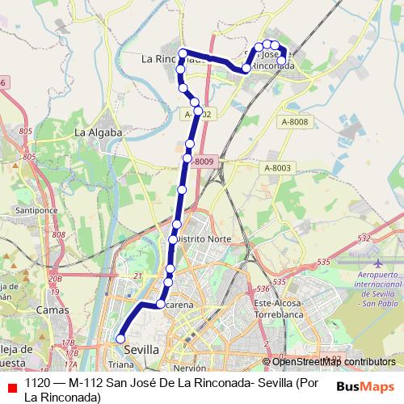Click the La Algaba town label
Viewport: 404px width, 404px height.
tap(98, 132)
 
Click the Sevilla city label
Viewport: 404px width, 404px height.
tap(141, 349)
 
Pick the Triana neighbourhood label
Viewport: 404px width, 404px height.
tap(121, 365)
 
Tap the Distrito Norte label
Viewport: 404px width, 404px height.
tap(201, 239)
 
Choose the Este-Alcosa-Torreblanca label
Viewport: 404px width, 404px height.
tap(278, 308)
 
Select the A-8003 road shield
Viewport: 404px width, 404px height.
tap(276, 167)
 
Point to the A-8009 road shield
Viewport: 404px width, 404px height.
tap(204, 162)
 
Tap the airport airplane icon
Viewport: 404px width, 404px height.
tap(378, 263)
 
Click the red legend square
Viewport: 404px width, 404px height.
tap(10, 384)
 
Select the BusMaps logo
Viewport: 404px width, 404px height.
tap(366, 385)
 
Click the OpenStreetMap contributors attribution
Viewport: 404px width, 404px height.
tap(333, 362)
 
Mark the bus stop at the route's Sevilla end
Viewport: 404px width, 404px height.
tap(120, 339)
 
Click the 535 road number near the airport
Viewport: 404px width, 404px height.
tap(324, 262)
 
